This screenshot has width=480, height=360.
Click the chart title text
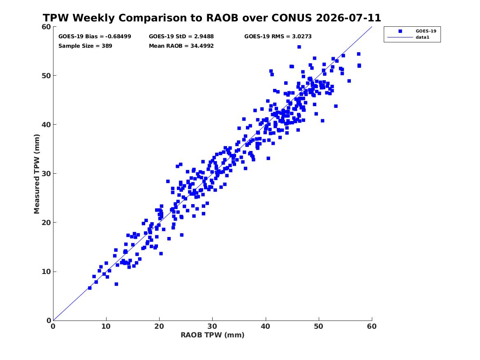click(x=212, y=18)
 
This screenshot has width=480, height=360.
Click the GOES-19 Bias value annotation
click(x=95, y=37)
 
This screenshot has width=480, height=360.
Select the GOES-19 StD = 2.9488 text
click(x=181, y=37)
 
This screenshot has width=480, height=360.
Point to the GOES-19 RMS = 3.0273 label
click(x=278, y=37)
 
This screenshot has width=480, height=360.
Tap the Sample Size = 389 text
click(x=85, y=46)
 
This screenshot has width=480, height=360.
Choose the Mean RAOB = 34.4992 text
click(x=181, y=46)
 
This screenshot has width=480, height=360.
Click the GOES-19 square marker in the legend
click(x=400, y=31)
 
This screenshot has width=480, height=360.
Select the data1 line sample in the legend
click(x=400, y=37)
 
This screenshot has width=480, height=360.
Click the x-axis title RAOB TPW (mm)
click(x=213, y=335)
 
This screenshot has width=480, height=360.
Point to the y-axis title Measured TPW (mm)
click(x=37, y=174)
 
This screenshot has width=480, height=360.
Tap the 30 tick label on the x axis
click(x=213, y=326)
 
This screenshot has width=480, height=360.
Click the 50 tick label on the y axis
click(x=46, y=76)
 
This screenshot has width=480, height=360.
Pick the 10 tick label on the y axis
click(x=46, y=272)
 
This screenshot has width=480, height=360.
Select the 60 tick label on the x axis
click(x=372, y=326)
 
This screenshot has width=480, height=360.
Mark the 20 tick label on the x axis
click(x=159, y=326)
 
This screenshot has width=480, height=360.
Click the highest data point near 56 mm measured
click(x=299, y=47)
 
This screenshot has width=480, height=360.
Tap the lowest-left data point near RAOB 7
click(x=90, y=288)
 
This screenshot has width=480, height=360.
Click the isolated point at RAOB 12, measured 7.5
click(x=116, y=284)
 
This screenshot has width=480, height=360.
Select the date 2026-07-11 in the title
click(x=348, y=18)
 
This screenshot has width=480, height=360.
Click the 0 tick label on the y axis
click(x=49, y=321)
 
